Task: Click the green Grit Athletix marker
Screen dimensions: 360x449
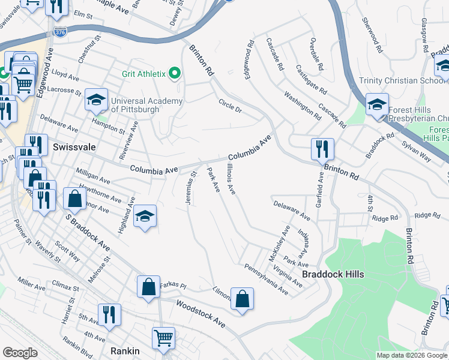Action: (x=175, y=74)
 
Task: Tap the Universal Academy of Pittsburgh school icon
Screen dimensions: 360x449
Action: (x=96, y=101)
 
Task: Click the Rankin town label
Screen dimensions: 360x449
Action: (x=125, y=351)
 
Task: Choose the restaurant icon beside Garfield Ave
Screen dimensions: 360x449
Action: (x=322, y=149)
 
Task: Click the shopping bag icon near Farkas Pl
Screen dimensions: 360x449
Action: (x=148, y=287)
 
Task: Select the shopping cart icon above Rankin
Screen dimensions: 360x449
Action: (x=163, y=338)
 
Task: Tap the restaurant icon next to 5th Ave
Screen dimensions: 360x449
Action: (x=109, y=315)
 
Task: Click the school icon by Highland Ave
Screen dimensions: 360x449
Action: (x=145, y=217)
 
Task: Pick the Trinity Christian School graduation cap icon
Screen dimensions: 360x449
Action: (x=376, y=104)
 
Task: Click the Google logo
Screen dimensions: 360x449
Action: (x=20, y=353)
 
